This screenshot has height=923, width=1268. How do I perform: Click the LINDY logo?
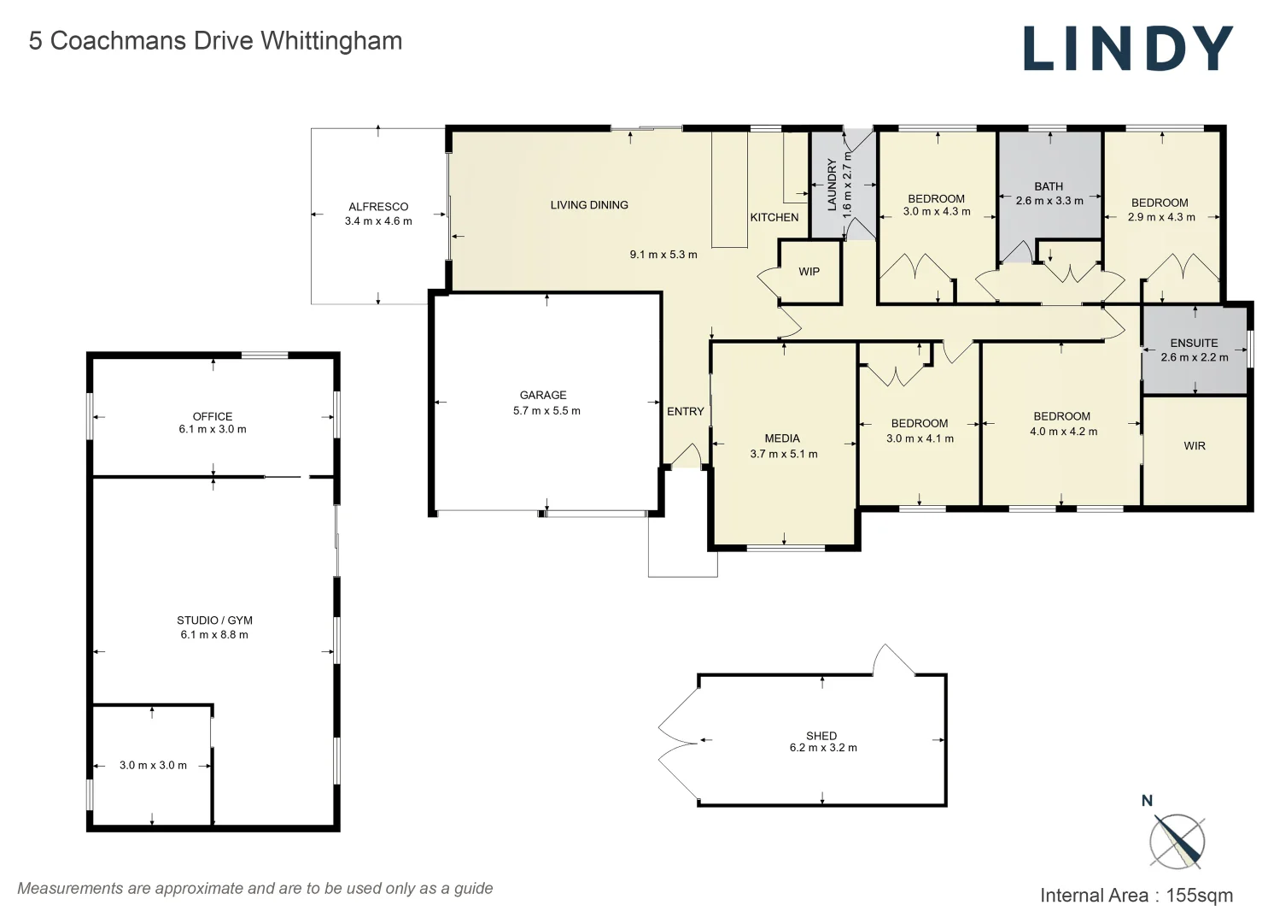click(1128, 49)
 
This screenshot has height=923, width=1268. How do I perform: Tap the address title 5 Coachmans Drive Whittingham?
click(216, 41)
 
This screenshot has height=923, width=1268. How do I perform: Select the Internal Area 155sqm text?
click(1137, 896)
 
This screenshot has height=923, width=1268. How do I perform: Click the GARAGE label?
click(543, 395)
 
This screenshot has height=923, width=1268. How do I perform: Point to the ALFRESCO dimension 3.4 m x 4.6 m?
click(378, 221)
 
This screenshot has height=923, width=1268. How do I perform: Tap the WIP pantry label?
click(809, 272)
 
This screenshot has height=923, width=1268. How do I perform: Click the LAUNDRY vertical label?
click(832, 185)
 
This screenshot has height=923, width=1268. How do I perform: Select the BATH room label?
click(1049, 186)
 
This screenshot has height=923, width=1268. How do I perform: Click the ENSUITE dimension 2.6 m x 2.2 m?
click(1195, 357)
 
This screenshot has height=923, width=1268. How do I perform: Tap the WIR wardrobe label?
click(1195, 446)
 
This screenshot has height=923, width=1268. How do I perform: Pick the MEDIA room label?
click(782, 438)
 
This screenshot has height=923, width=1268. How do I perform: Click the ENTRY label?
click(685, 411)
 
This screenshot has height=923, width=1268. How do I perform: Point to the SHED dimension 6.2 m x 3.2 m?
click(823, 748)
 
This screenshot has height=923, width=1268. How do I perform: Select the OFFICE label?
click(213, 416)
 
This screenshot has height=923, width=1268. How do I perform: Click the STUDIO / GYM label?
click(214, 620)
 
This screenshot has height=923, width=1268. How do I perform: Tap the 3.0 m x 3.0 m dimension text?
click(153, 766)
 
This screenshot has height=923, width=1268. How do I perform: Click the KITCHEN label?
click(774, 218)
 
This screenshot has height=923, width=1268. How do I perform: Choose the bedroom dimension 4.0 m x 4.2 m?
click(1063, 432)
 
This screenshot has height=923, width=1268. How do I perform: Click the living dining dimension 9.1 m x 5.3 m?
click(663, 255)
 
